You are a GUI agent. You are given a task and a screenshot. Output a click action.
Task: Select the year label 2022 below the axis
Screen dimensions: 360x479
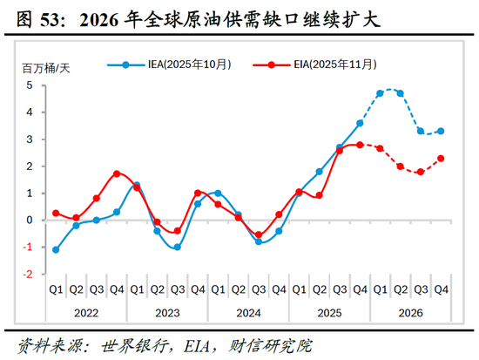(85, 312)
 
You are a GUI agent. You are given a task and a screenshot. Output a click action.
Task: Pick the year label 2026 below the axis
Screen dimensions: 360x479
(410, 312)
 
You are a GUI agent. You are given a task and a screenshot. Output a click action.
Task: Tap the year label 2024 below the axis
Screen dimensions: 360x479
(247, 312)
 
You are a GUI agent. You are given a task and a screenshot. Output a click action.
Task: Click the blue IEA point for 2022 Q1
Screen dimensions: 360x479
(56, 249)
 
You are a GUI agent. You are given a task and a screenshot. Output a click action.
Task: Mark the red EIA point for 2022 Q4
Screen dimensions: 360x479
(117, 173)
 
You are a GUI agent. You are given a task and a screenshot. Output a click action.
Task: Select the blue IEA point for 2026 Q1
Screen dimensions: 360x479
(380, 93)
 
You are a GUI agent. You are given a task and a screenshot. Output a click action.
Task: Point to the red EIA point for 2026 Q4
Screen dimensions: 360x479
(441, 158)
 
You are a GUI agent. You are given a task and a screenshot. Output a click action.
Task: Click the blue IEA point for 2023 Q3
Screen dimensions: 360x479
(177, 247)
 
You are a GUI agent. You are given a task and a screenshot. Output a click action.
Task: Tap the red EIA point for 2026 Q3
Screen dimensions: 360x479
(421, 172)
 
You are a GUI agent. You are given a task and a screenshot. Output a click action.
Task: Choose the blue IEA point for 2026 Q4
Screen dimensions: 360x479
(441, 131)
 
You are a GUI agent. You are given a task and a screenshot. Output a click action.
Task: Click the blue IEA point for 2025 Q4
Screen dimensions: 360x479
(360, 123)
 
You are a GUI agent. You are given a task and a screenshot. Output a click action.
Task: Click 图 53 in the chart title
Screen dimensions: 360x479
(29, 17)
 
